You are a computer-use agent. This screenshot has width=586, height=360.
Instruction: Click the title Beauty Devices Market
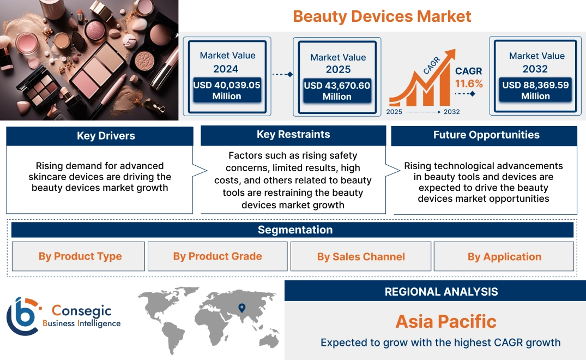(382, 16)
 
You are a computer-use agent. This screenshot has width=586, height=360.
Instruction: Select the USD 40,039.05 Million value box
(226, 91)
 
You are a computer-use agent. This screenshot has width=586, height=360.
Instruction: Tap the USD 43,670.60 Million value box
(337, 91)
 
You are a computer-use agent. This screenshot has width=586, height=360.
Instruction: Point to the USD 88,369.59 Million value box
(535, 91)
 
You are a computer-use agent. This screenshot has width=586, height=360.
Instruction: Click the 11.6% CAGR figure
(469, 83)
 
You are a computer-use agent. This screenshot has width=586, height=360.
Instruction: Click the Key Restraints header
(293, 135)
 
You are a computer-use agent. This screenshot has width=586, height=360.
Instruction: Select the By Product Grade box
(218, 256)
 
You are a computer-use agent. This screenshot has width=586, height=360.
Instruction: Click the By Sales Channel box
(361, 256)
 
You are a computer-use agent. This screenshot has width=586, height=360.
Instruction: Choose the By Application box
(504, 256)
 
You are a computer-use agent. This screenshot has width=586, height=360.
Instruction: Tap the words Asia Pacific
(446, 321)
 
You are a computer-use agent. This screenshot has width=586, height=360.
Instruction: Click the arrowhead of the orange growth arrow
(450, 55)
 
